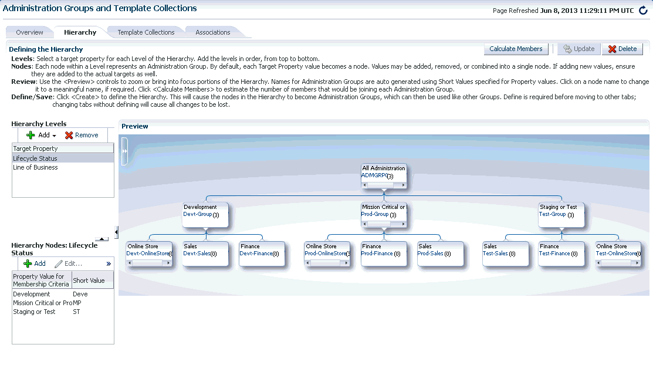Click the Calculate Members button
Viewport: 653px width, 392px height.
click(516, 49)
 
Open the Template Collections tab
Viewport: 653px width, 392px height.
click(146, 32)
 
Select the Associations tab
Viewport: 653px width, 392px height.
click(213, 32)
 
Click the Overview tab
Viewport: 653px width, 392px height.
click(29, 32)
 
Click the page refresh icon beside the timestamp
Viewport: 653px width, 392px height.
click(644, 11)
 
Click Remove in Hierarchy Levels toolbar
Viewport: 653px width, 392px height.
click(82, 135)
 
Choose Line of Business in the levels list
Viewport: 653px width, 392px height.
click(35, 167)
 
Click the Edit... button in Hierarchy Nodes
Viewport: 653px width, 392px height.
click(69, 263)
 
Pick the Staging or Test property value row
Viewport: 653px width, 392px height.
click(34, 312)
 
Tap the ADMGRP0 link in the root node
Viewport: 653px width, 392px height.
click(374, 175)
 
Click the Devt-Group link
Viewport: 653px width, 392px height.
click(198, 214)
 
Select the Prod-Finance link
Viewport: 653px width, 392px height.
click(377, 254)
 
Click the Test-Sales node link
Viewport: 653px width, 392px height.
click(495, 254)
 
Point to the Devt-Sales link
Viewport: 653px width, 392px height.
click(197, 254)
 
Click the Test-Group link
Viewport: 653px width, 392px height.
click(552, 214)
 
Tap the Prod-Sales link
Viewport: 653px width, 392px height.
click(430, 254)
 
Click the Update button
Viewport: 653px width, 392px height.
click(579, 49)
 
